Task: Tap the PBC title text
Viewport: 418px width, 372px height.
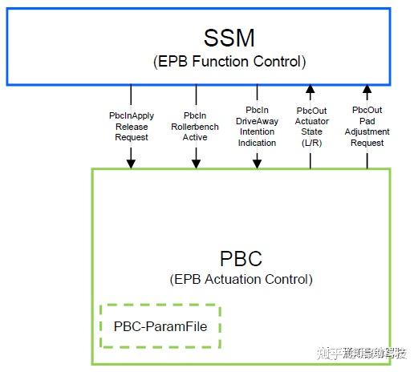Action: click(241, 259)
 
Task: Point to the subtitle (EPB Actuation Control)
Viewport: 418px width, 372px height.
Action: click(241, 280)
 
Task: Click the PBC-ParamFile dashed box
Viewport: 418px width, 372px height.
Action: click(160, 326)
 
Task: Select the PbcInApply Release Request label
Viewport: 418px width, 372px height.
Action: click(132, 127)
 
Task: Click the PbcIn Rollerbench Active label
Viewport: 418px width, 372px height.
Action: click(195, 127)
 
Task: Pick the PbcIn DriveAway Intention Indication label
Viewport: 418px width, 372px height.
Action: click(257, 126)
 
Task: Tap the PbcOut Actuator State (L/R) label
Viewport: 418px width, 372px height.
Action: click(311, 126)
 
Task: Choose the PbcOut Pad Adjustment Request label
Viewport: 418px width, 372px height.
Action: click(367, 126)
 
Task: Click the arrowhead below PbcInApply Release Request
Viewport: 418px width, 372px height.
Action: click(132, 164)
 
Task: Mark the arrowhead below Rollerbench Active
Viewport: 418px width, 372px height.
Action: click(195, 164)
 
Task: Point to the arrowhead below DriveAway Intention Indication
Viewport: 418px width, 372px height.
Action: click(257, 164)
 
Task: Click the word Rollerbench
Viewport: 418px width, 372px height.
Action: click(195, 127)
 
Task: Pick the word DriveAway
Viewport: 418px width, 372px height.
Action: click(257, 120)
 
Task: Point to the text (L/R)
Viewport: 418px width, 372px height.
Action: click(311, 142)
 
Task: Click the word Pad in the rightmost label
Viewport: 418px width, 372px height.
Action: click(367, 120)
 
